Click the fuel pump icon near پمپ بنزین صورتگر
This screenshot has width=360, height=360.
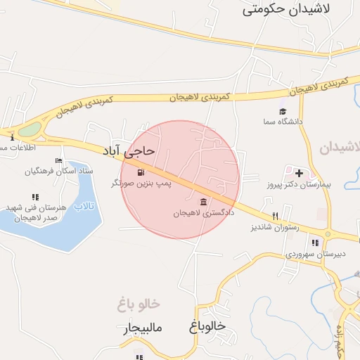coord(141,172)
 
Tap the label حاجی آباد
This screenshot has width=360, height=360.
coord(129,151)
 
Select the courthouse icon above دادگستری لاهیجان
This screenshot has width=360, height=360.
coord(203,202)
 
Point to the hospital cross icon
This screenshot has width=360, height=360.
coord(299,173)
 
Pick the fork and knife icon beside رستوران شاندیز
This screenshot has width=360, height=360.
coord(276,217)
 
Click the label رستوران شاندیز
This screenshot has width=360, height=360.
coord(275,228)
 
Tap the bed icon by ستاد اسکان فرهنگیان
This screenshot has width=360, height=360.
coord(59,160)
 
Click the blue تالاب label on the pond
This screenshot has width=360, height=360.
coord(84,206)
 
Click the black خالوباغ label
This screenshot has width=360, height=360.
coord(207,327)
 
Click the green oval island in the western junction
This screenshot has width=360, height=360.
coord(30,129)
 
